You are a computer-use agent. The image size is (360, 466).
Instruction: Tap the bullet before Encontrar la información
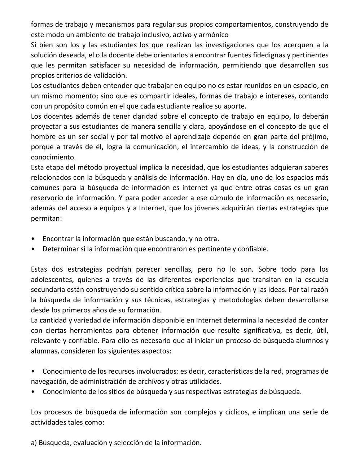[33, 239]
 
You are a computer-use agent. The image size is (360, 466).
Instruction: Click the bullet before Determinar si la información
[33, 249]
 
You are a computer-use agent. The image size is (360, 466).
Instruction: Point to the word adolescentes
[51, 280]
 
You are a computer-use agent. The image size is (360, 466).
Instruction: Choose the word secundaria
[47, 290]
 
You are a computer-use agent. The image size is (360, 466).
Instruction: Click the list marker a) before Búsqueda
[34, 443]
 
